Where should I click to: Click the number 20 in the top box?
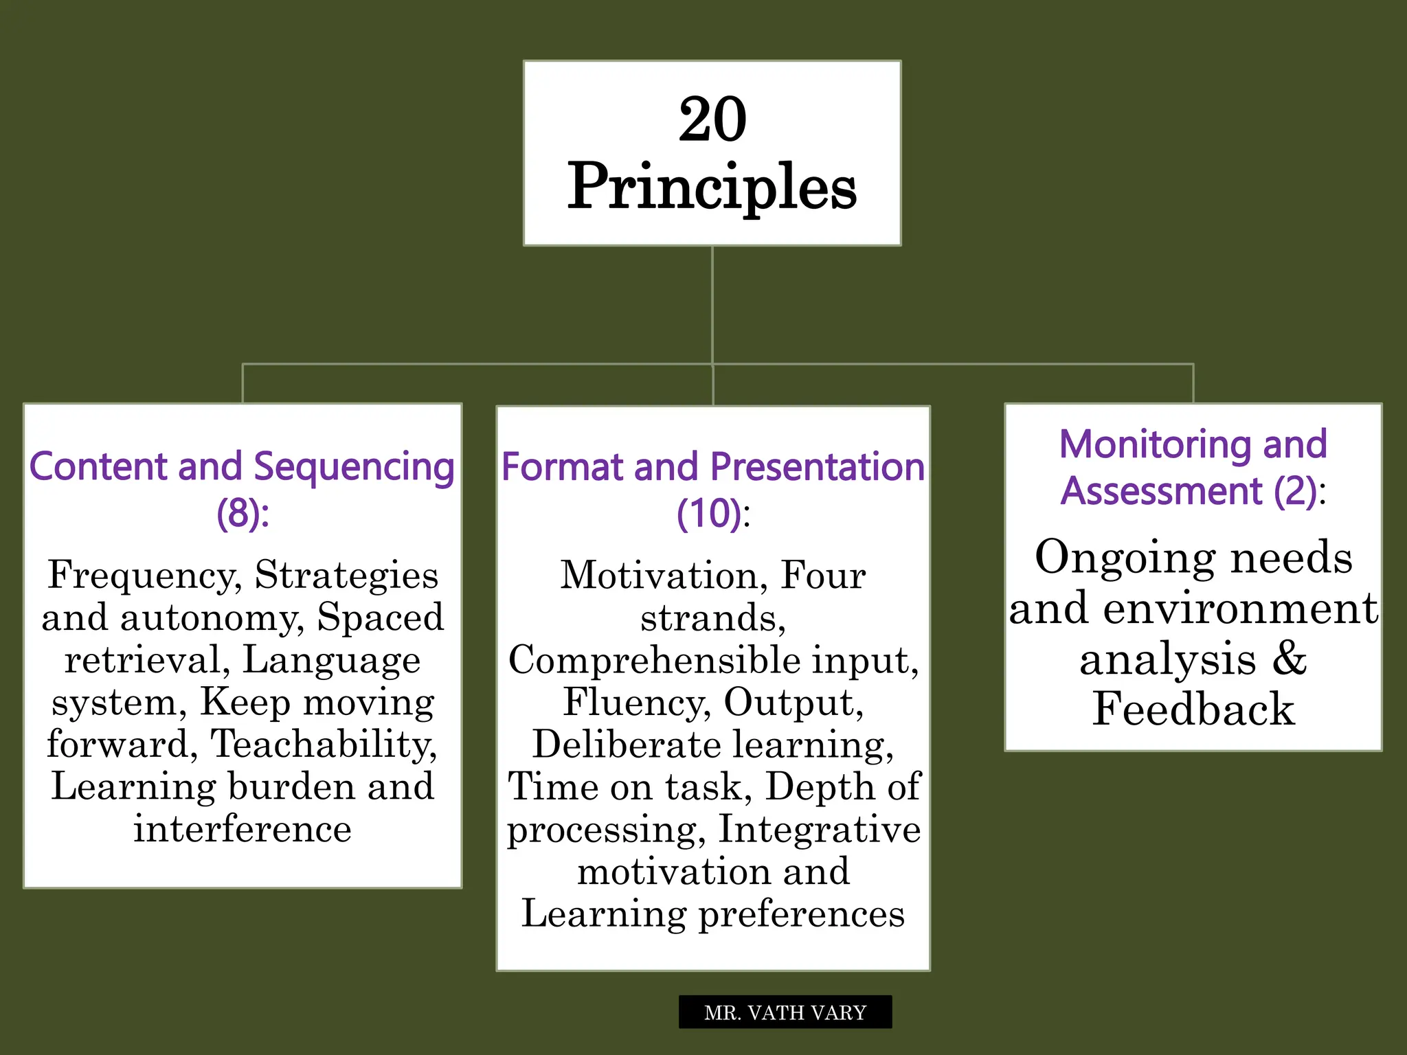click(712, 120)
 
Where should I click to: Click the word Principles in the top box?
click(712, 186)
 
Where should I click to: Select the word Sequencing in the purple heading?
click(354, 467)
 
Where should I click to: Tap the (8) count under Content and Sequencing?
click(237, 513)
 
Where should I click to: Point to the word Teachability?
click(323, 744)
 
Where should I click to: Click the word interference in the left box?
click(243, 828)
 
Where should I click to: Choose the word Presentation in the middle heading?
click(818, 467)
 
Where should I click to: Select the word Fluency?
click(635, 702)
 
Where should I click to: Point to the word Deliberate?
click(626, 745)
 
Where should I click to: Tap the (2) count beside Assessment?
click(1294, 490)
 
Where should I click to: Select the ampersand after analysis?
click(1289, 657)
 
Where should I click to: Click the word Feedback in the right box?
click(1193, 709)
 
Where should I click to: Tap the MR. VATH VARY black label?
click(785, 1012)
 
